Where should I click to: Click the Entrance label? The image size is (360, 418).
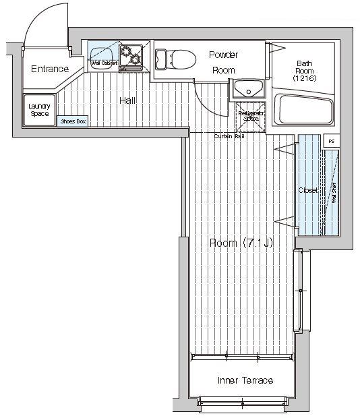49,69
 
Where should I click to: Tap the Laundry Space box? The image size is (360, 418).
39,110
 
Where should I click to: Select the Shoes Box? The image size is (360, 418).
73,121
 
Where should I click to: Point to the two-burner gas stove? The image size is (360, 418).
131,55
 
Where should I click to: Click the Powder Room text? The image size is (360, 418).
222,62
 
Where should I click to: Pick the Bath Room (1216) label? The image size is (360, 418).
304,71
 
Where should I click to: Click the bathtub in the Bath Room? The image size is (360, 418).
305,110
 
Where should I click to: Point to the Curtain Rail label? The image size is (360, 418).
229,136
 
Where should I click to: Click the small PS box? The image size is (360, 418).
331,141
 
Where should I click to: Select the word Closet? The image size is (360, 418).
308,190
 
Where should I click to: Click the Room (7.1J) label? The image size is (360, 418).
240,243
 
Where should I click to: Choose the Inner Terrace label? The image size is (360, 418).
245,380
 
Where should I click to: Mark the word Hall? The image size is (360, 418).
127,100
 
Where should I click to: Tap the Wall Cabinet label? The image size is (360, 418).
104,63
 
